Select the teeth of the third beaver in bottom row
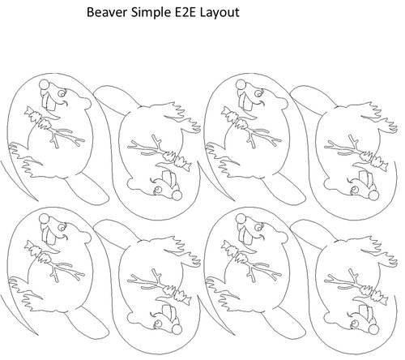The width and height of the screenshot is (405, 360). pyautogui.click(x=253, y=235)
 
